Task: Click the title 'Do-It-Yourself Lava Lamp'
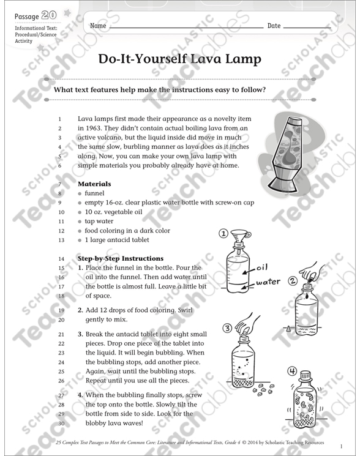point(179,60)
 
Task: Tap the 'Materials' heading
point(94,184)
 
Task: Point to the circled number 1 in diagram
point(223,233)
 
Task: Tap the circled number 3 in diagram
point(227,329)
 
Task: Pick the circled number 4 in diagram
point(292,371)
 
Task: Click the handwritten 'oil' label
point(263,267)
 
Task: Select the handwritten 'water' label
point(268,282)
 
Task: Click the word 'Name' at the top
point(98,26)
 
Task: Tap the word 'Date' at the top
point(274,26)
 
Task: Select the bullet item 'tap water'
point(99,221)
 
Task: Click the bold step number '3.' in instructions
point(80,334)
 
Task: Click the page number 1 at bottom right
point(342,446)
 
